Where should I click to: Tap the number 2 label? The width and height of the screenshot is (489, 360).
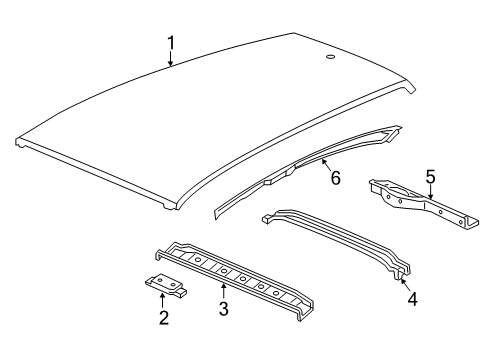click(x=162, y=318)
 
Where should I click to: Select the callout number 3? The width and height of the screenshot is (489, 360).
click(x=223, y=309)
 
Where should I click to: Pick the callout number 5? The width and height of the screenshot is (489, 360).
click(x=429, y=177)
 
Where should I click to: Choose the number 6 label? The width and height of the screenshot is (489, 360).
click(x=335, y=179)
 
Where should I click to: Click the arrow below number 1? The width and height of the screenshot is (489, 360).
click(x=171, y=60)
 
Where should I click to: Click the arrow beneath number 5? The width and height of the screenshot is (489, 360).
click(x=429, y=194)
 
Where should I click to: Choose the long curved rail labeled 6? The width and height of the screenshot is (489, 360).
click(x=300, y=169)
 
